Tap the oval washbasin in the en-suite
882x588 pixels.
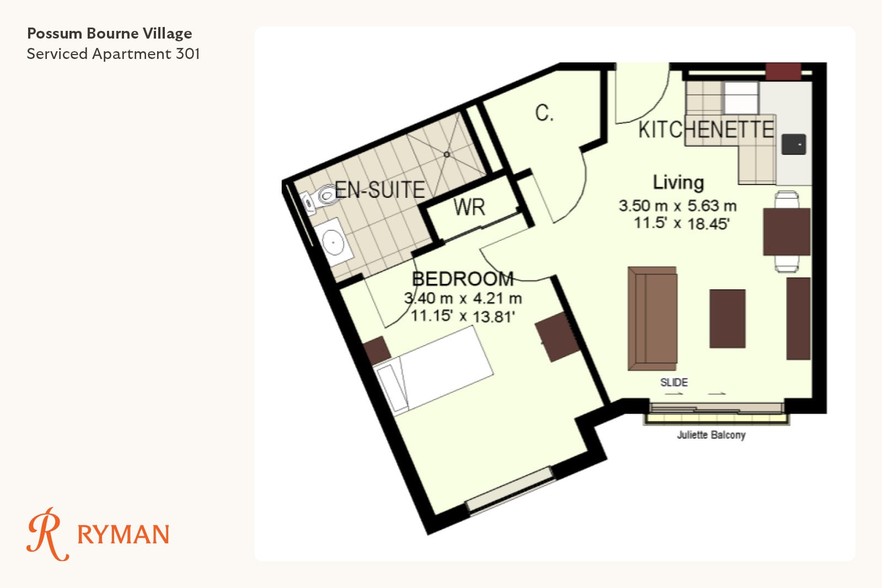(333, 242)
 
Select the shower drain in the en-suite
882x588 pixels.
(447, 155)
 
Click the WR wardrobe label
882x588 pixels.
(469, 207)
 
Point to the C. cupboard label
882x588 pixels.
(544, 113)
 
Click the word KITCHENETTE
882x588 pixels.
(706, 130)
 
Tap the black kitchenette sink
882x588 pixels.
(793, 144)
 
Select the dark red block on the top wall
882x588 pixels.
(783, 71)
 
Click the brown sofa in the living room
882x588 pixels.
(653, 319)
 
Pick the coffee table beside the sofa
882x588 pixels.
(727, 319)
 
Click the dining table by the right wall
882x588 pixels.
(787, 231)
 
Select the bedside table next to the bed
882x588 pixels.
(377, 350)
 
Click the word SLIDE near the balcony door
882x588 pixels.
(674, 382)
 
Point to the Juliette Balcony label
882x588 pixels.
(711, 435)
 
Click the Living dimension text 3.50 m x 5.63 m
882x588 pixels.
(677, 206)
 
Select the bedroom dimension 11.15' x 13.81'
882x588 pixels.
(462, 316)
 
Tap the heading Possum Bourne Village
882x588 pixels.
(110, 34)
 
